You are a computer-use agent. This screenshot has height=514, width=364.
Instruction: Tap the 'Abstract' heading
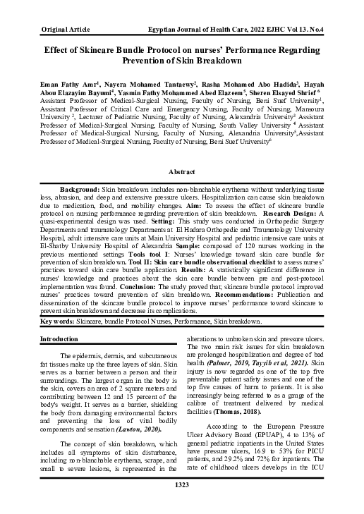[181, 171]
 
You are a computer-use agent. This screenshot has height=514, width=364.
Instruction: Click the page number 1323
[181, 503]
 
